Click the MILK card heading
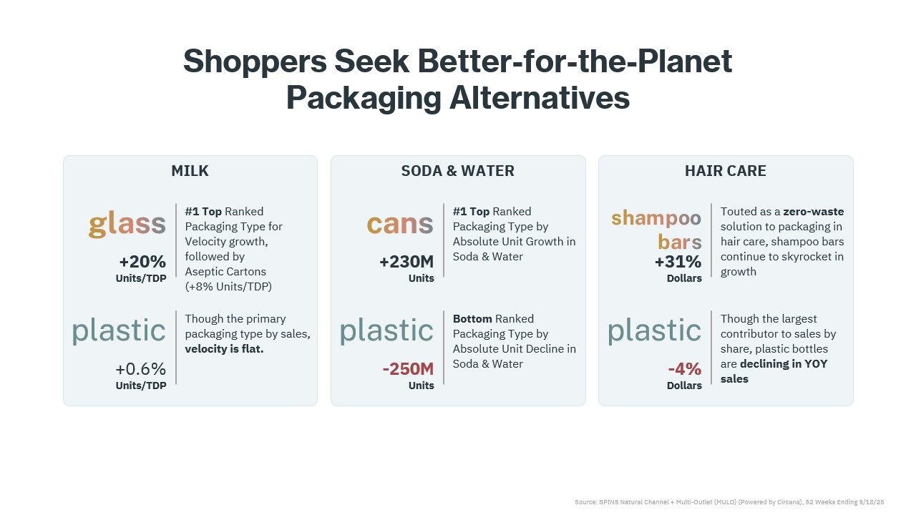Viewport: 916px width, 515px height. click(x=190, y=171)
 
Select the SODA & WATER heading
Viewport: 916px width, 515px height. click(x=457, y=171)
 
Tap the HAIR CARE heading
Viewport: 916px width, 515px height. click(x=726, y=171)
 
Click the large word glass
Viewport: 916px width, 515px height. click(x=127, y=224)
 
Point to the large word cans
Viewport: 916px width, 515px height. click(x=400, y=224)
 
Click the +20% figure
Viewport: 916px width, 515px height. click(x=142, y=262)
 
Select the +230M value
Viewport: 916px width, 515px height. click(x=406, y=262)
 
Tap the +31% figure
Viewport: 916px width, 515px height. click(x=678, y=262)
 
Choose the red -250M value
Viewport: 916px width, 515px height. click(x=408, y=369)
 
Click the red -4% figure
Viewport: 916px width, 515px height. click(x=685, y=369)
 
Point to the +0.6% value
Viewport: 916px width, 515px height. click(x=141, y=369)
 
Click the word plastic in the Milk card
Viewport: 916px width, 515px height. click(x=119, y=330)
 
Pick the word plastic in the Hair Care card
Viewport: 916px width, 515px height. click(x=654, y=330)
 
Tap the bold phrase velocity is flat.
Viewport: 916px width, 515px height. click(x=224, y=349)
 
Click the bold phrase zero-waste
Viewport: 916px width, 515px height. click(x=814, y=212)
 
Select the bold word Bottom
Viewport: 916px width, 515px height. click(x=472, y=319)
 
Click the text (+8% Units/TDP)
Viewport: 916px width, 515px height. click(x=228, y=287)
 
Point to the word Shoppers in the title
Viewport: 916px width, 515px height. click(x=255, y=62)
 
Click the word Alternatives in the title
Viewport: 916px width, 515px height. click(x=540, y=98)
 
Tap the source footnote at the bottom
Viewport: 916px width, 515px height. click(x=729, y=502)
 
